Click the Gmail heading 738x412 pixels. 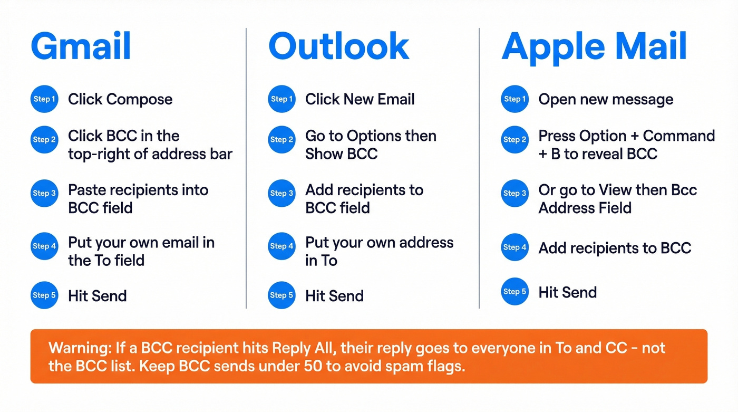(x=81, y=46)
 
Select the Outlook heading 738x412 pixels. (x=338, y=46)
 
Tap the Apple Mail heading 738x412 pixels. (x=594, y=46)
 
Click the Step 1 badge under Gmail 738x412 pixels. (x=44, y=99)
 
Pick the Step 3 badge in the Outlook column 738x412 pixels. (x=281, y=193)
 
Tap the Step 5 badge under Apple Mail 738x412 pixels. (x=514, y=291)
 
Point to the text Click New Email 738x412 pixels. (x=360, y=99)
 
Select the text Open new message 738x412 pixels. (x=606, y=99)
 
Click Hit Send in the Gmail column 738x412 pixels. (x=98, y=295)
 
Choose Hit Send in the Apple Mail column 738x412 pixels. (x=567, y=292)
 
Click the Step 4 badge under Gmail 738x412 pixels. (x=44, y=246)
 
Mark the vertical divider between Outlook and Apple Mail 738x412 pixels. (x=479, y=169)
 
